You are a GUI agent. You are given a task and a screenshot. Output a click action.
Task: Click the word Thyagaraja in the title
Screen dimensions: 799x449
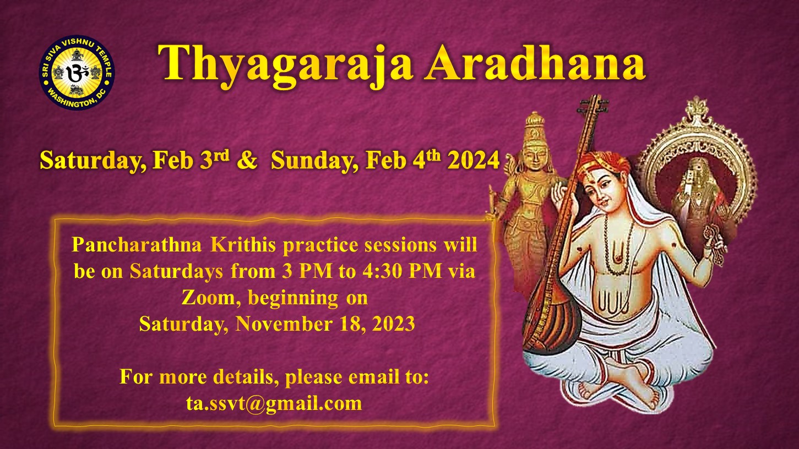tap(285, 66)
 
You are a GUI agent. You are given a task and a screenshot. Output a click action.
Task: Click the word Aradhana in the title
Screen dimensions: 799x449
tap(535, 63)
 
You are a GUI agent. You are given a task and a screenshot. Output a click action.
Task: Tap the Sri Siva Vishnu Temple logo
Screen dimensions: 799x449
tap(77, 72)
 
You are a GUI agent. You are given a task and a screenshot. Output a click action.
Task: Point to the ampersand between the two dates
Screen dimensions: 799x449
tap(247, 160)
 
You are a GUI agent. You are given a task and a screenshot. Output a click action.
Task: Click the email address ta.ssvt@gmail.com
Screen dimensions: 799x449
tap(274, 403)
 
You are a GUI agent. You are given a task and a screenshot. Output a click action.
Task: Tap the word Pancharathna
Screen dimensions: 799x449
tap(137, 245)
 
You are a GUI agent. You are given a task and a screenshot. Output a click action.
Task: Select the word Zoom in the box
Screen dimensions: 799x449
tap(208, 297)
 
